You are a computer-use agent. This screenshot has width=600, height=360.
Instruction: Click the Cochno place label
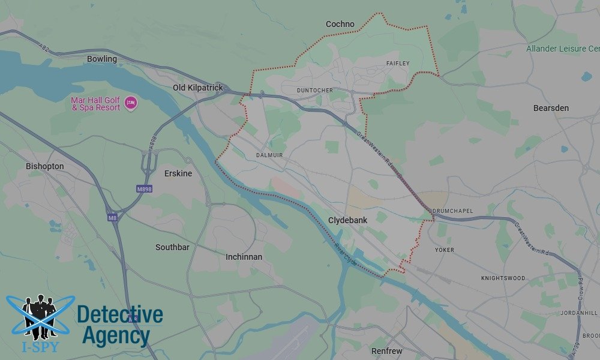[340, 24]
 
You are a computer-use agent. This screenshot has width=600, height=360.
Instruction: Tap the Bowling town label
[102, 59]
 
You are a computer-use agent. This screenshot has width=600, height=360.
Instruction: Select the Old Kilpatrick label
[197, 88]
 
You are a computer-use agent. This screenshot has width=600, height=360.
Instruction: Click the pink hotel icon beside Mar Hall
[130, 104]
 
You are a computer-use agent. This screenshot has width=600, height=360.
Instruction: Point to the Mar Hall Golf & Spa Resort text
[96, 103]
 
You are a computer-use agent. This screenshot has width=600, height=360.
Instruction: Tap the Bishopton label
[44, 166]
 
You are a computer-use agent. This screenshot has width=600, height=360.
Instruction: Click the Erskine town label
[178, 173]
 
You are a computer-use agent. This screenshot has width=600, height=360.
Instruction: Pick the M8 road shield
[112, 218]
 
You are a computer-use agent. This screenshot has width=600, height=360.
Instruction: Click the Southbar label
[172, 247]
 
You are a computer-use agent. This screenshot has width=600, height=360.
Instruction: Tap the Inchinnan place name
[244, 257]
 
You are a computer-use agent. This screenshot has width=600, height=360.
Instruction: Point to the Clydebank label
[347, 220]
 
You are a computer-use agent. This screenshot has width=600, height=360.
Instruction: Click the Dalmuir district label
[269, 155]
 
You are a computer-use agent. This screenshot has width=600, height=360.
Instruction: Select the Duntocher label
[314, 91]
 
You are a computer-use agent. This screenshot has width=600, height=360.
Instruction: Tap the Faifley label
[398, 63]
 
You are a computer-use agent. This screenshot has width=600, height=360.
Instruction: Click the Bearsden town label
[551, 108]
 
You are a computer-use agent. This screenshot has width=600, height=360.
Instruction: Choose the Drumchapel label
[452, 211]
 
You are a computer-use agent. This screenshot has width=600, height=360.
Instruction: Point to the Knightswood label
[503, 278]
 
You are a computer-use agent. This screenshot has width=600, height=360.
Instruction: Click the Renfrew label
[386, 350]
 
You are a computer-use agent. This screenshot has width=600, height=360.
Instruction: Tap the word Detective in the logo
[120, 314]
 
